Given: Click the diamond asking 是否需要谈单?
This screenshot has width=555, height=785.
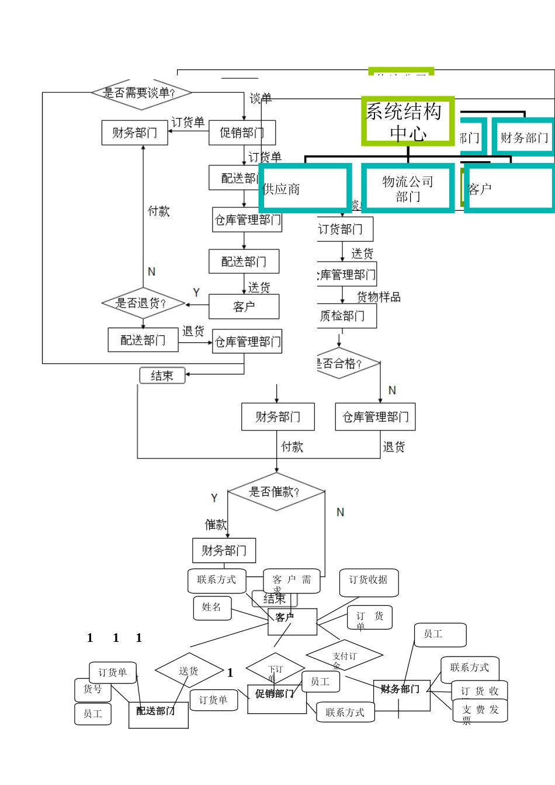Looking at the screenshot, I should point(141,93).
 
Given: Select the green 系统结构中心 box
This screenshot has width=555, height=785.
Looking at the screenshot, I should point(407,121).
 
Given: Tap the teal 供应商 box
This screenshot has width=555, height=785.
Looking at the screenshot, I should point(304,188).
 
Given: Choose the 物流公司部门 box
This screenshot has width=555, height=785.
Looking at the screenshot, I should point(408,188).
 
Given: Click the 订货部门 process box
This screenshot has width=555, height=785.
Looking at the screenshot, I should point(344,229).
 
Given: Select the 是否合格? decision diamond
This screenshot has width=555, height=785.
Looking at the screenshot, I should point(345,363).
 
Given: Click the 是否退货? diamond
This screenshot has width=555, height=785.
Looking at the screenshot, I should point(143,303).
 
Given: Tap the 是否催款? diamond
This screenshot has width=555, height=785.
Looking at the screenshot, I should point(276,492).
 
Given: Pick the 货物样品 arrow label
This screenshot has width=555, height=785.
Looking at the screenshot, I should point(379,297).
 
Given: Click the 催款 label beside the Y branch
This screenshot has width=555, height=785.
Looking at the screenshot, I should point(215,525).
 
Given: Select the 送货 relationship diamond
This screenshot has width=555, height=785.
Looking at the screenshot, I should point(189,671).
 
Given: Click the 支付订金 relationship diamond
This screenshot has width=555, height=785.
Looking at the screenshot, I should point(345,656).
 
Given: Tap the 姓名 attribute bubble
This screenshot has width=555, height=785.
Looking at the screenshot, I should point(212,607).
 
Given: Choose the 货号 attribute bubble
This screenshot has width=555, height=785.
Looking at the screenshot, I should point(93,690).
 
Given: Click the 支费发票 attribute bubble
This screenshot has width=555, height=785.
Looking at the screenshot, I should point(480,711).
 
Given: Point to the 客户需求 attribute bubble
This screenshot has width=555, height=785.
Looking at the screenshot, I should point(292,581).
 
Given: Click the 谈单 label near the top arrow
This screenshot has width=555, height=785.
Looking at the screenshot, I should point(261,98).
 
